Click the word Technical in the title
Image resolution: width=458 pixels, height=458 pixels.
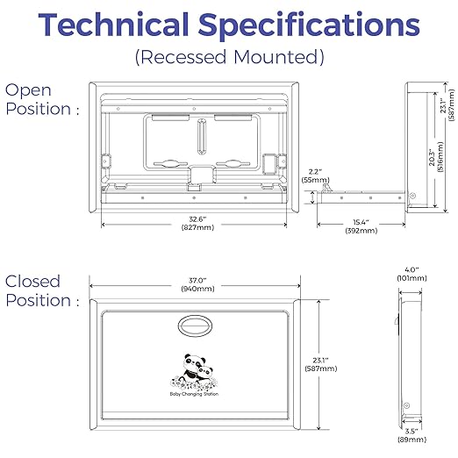click(x=113, y=25)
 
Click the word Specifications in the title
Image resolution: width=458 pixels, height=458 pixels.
click(x=309, y=26)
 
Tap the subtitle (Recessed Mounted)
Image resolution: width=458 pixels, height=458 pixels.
click(x=230, y=57)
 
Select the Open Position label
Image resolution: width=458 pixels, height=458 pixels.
click(x=42, y=99)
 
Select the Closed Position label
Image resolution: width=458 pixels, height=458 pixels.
click(x=42, y=290)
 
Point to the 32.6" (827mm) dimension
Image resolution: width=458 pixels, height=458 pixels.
click(x=197, y=223)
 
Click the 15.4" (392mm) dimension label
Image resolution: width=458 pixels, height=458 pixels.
click(x=361, y=226)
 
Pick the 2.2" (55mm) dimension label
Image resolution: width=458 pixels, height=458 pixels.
click(x=316, y=175)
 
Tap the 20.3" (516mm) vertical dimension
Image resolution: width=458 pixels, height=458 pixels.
click(x=436, y=157)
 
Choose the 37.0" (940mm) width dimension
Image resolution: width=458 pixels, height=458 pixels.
click(x=197, y=284)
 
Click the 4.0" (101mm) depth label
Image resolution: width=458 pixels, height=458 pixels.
click(x=411, y=274)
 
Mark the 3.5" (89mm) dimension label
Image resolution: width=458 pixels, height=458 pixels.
click(x=411, y=435)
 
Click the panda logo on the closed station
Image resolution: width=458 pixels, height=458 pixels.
click(x=194, y=372)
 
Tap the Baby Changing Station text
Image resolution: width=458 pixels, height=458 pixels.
click(x=194, y=394)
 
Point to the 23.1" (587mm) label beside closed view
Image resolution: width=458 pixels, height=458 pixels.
click(x=321, y=364)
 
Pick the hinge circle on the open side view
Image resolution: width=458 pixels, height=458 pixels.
click(x=412, y=196)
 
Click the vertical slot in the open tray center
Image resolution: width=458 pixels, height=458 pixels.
click(x=202, y=136)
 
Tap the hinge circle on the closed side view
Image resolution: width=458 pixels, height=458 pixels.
click(x=406, y=405)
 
